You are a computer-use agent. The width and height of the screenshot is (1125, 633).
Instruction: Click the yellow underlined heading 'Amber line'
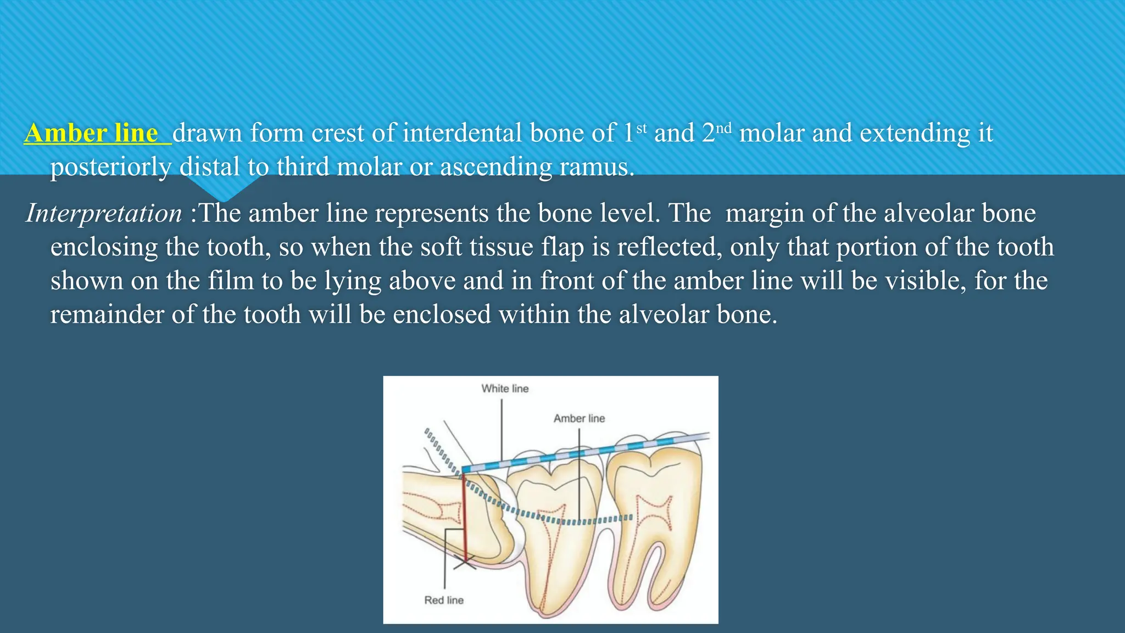[92, 133]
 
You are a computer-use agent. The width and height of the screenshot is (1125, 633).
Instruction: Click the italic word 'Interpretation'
[104, 213]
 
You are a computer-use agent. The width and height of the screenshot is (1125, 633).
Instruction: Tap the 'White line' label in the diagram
[505, 388]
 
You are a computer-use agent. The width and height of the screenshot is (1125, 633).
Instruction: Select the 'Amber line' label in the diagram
[579, 418]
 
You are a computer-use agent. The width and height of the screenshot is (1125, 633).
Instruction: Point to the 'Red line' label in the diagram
[444, 600]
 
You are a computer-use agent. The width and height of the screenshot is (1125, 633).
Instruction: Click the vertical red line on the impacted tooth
[464, 517]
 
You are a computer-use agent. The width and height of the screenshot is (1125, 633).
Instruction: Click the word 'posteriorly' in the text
[111, 166]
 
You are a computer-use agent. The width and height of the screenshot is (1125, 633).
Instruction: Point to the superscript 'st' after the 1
[642, 128]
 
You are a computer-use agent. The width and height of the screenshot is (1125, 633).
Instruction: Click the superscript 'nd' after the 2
[724, 128]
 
